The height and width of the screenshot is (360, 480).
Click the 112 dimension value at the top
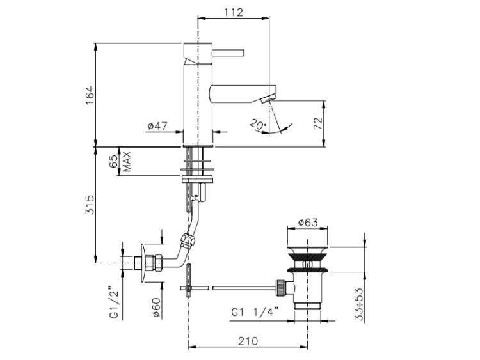(x=233, y=12)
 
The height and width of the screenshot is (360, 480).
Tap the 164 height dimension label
(x=90, y=95)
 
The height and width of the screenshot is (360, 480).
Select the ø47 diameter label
(x=157, y=125)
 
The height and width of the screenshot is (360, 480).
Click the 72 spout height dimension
(x=318, y=123)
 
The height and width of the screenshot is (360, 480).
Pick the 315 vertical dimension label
(x=90, y=205)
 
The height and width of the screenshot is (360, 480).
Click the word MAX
(x=127, y=161)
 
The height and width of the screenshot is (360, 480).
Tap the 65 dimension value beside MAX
(x=113, y=161)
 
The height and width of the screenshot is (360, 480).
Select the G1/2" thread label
(x=114, y=302)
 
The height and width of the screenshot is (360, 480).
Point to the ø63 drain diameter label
(x=308, y=222)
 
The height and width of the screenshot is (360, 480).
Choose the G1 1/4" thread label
(x=255, y=312)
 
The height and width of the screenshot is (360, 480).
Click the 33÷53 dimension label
(x=359, y=304)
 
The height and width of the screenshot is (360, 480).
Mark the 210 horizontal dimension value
(x=248, y=341)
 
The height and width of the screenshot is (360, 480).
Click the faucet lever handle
(x=228, y=52)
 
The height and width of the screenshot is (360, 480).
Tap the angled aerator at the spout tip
(x=269, y=99)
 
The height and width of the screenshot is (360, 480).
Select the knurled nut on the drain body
(x=281, y=288)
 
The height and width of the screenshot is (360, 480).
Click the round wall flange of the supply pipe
(x=143, y=263)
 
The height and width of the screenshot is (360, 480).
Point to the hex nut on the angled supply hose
(x=188, y=240)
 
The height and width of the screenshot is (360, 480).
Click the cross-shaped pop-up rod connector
(x=189, y=288)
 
